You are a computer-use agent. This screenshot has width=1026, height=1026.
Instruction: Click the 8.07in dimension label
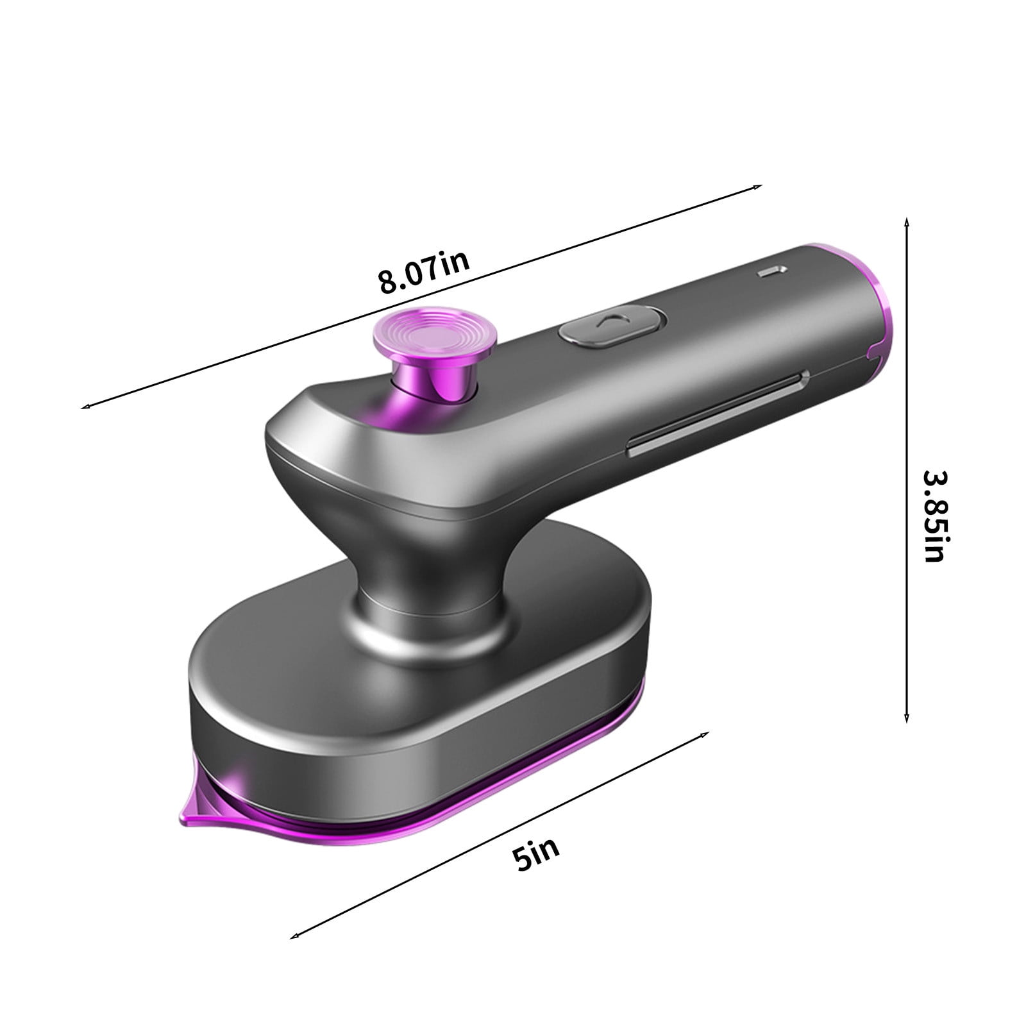click(x=424, y=271)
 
